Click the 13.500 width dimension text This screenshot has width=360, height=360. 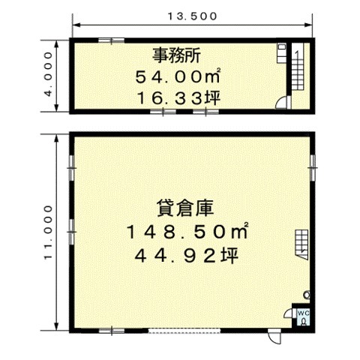tap(192, 16)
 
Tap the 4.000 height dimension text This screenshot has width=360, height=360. tap(49, 74)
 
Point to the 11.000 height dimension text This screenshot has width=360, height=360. tap(49, 232)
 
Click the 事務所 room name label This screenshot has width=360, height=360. tap(176, 55)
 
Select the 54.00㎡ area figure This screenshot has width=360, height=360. tap(178, 76)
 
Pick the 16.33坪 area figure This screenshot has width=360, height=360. tap(178, 98)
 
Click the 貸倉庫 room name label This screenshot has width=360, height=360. tap(185, 208)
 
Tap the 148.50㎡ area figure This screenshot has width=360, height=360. tap(187, 231)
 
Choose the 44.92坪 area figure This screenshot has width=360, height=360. tap(186, 256)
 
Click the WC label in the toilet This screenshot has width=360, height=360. tap(304, 313)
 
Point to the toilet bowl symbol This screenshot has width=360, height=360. tap(304, 322)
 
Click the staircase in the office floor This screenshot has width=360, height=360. tap(298, 67)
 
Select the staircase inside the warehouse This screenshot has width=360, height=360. tap(301, 244)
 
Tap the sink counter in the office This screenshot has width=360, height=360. tap(281, 53)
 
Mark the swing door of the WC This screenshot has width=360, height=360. tap(289, 313)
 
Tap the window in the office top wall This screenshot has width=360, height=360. tap(111, 40)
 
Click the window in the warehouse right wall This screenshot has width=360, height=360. tap(313, 167)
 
